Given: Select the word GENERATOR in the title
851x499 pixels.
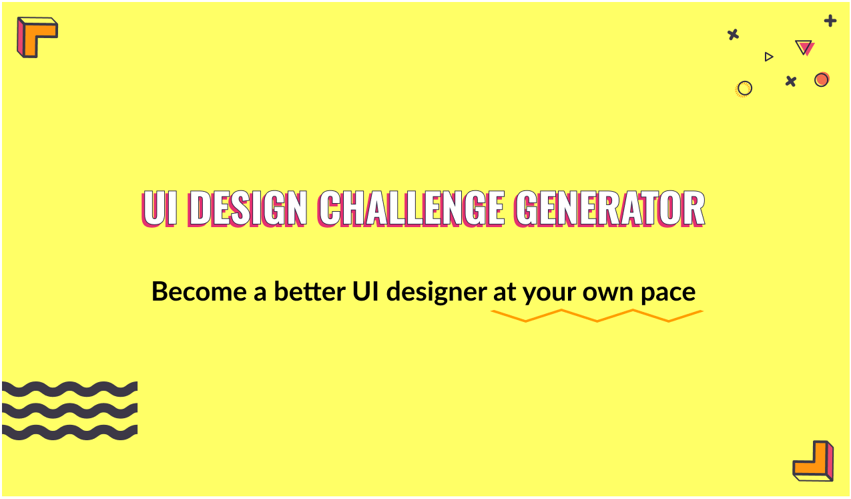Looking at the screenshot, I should pos(609,209).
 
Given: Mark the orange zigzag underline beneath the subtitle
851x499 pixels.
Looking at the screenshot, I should pos(597,316).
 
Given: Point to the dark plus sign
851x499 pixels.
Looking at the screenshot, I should pos(830,21).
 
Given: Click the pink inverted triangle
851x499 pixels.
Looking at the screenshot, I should pos(804,47).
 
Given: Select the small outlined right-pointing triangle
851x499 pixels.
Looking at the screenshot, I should pos(769,57).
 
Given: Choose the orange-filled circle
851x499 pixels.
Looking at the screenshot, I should pos(822,79).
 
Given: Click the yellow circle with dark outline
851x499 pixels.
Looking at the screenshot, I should pos(744,88).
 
